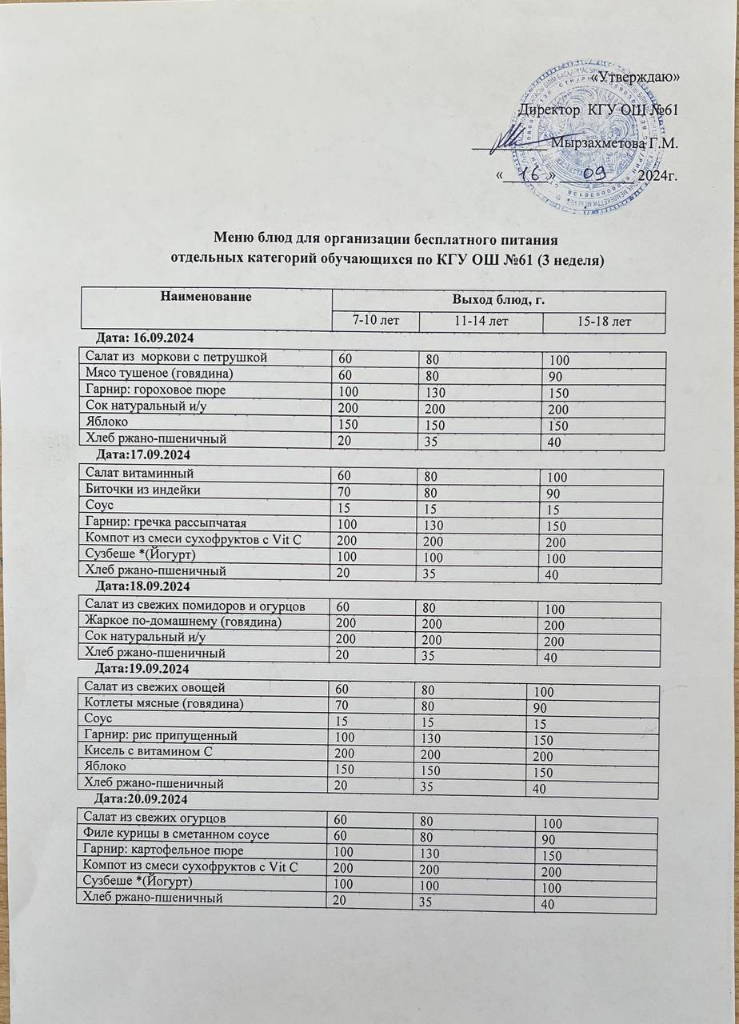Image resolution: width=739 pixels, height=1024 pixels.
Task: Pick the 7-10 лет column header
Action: click(376, 321)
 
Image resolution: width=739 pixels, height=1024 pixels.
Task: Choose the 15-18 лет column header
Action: click(604, 322)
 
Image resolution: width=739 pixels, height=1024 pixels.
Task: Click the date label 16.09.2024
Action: click(146, 338)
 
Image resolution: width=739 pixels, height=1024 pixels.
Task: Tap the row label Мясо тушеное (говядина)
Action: click(152, 373)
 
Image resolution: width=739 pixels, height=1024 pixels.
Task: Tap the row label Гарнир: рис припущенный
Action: click(161, 734)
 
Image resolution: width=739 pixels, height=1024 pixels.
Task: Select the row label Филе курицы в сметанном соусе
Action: click(176, 834)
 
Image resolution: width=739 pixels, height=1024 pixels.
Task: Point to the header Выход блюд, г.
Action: click(499, 299)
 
